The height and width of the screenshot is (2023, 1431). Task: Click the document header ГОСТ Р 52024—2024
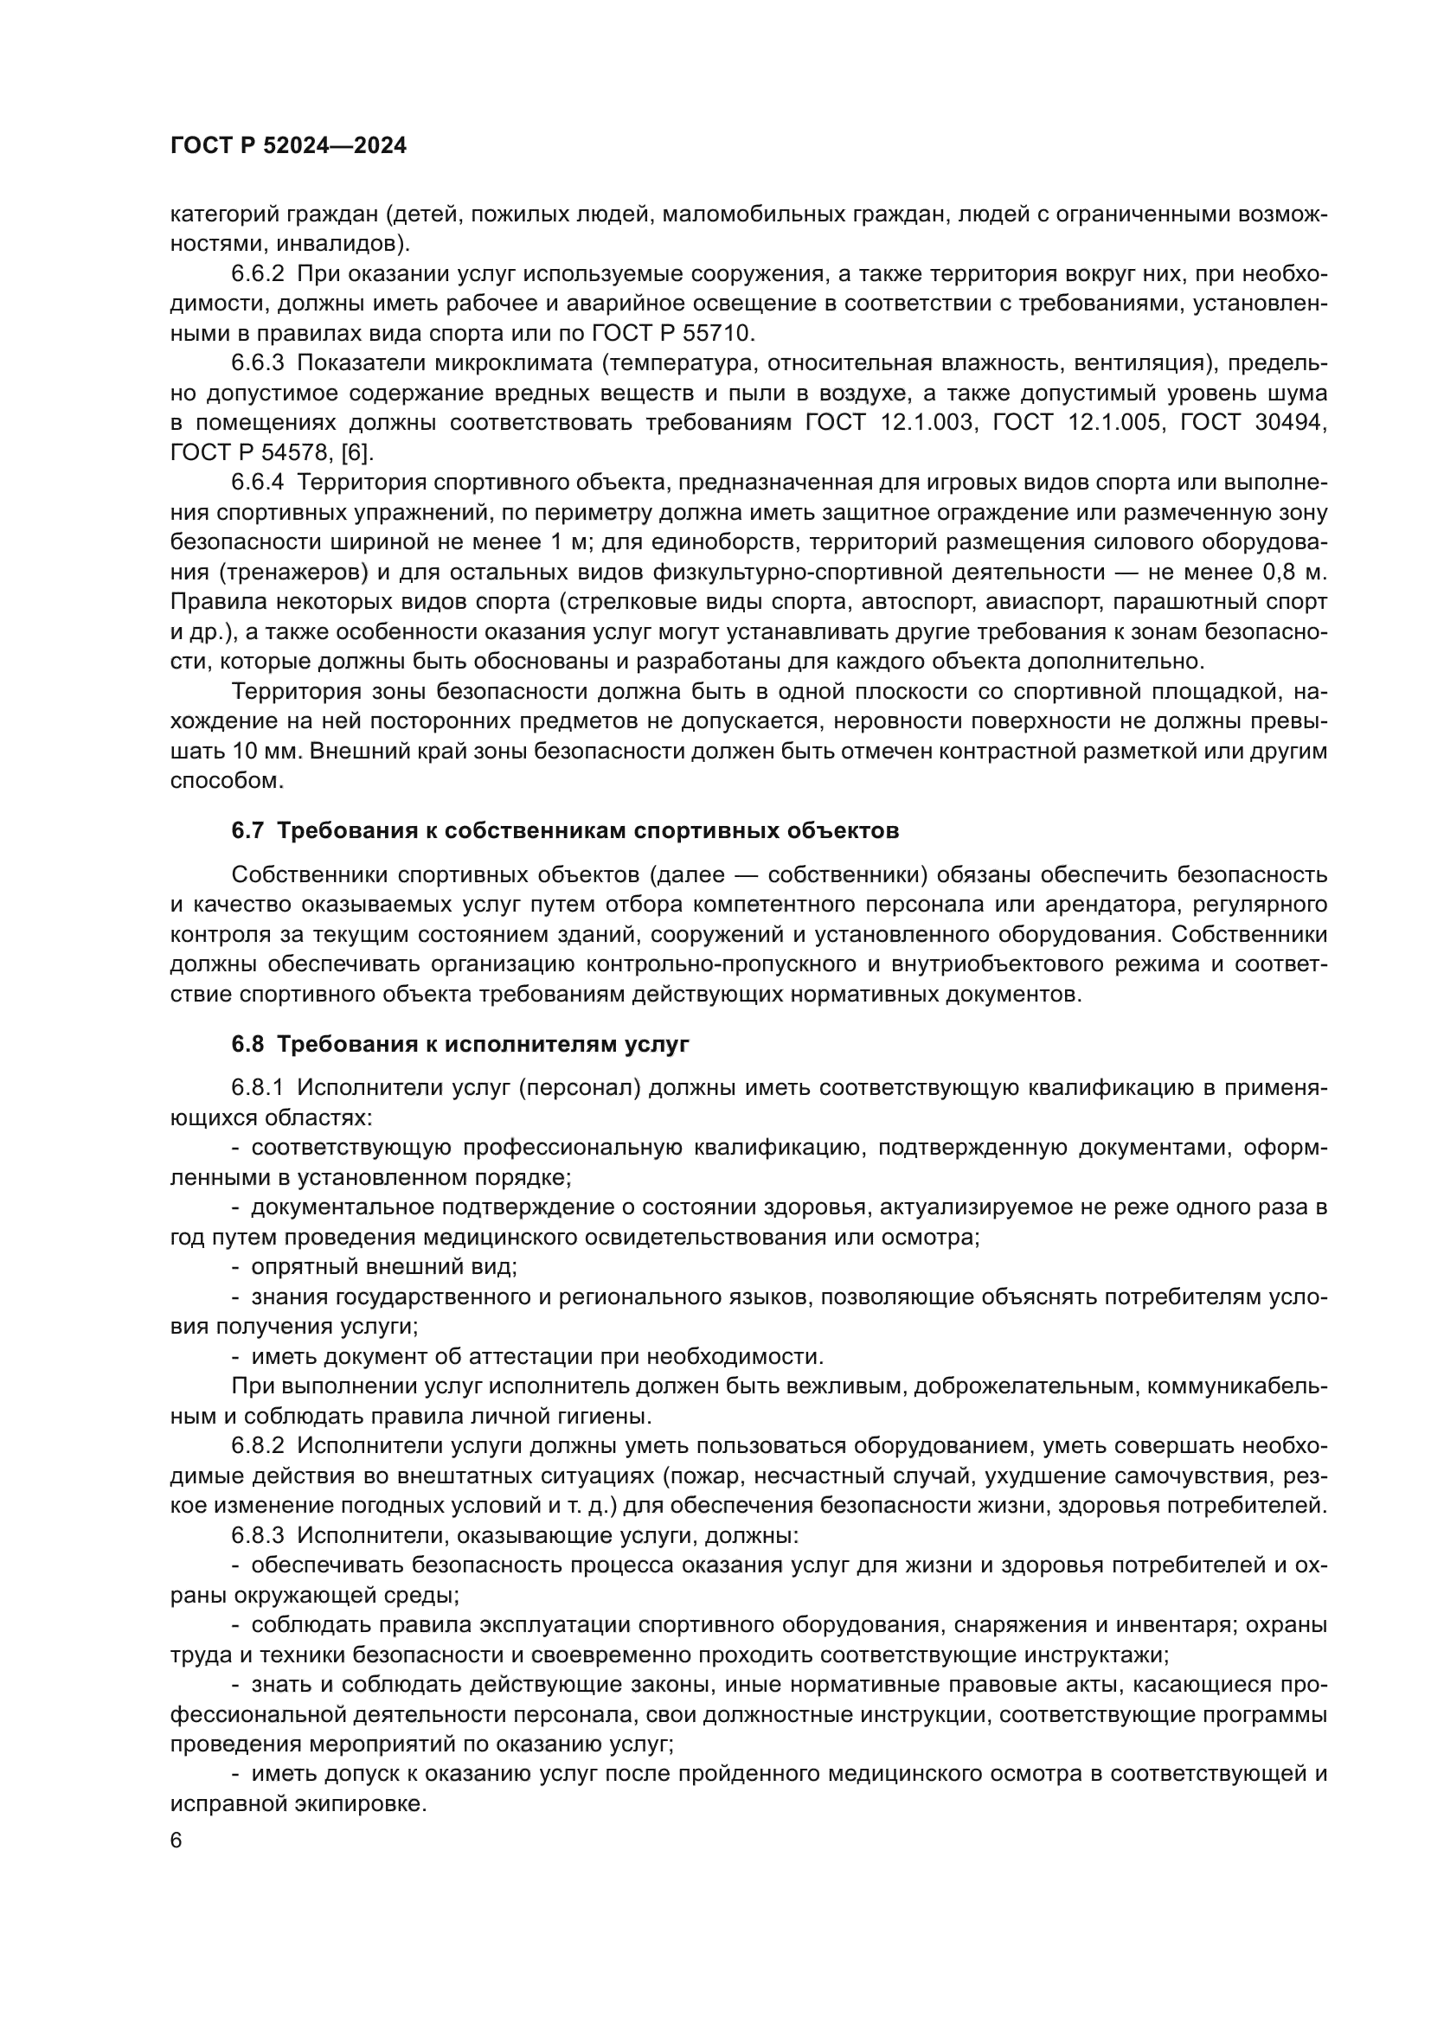tap(288, 146)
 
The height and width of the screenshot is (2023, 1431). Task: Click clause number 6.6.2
tap(257, 275)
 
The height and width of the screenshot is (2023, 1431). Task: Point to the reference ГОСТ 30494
tap(1253, 423)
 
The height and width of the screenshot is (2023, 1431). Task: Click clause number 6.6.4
tap(257, 483)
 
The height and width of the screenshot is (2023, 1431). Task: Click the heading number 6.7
tap(247, 831)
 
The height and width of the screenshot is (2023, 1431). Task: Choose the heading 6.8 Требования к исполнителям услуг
tap(460, 1045)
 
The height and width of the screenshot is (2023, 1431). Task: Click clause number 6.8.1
tap(257, 1089)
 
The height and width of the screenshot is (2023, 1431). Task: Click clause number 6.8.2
tap(257, 1446)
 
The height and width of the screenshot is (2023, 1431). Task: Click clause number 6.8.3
tap(257, 1535)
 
